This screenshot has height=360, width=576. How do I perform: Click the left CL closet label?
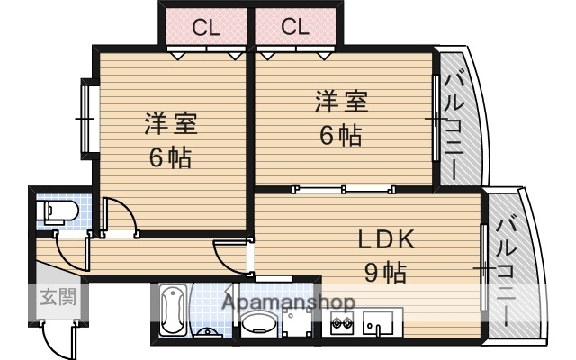tap(205, 27)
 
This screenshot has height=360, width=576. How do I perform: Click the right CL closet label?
tap(294, 27)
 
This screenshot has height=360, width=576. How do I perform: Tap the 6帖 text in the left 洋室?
tap(170, 159)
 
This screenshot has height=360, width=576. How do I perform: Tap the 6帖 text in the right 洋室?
tap(341, 136)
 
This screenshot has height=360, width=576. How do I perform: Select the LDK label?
tap(386, 240)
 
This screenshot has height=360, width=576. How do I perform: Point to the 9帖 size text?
tap(384, 271)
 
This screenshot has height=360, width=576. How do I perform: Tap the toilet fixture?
tap(58, 212)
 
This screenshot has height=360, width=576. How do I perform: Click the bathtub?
tap(172, 311)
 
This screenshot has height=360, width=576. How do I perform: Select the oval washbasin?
tap(261, 326)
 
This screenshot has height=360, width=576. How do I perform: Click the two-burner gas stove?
tap(342, 325)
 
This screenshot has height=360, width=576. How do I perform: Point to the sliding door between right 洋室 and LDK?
tap(343, 190)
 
